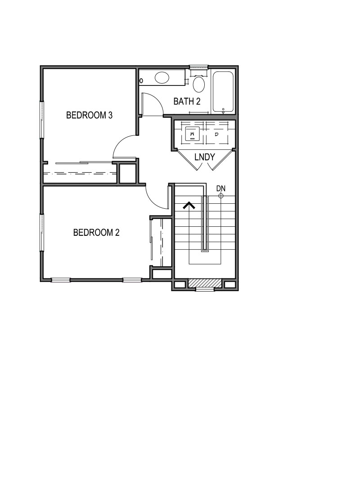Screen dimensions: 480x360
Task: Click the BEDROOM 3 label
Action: point(89,115)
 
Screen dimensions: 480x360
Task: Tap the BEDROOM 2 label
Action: point(96,233)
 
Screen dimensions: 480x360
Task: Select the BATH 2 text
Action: point(187,101)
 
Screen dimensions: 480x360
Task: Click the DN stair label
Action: point(220,188)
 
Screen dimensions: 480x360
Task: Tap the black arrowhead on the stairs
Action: point(189,206)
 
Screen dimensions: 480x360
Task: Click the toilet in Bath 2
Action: point(198,83)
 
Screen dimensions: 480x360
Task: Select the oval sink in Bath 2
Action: point(162,79)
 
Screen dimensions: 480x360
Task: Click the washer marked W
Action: point(192,134)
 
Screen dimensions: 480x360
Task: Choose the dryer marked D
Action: point(216,134)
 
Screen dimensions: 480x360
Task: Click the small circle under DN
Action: point(221,196)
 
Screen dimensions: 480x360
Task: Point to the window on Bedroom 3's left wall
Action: point(42,119)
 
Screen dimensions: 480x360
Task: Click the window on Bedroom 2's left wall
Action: point(42,232)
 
